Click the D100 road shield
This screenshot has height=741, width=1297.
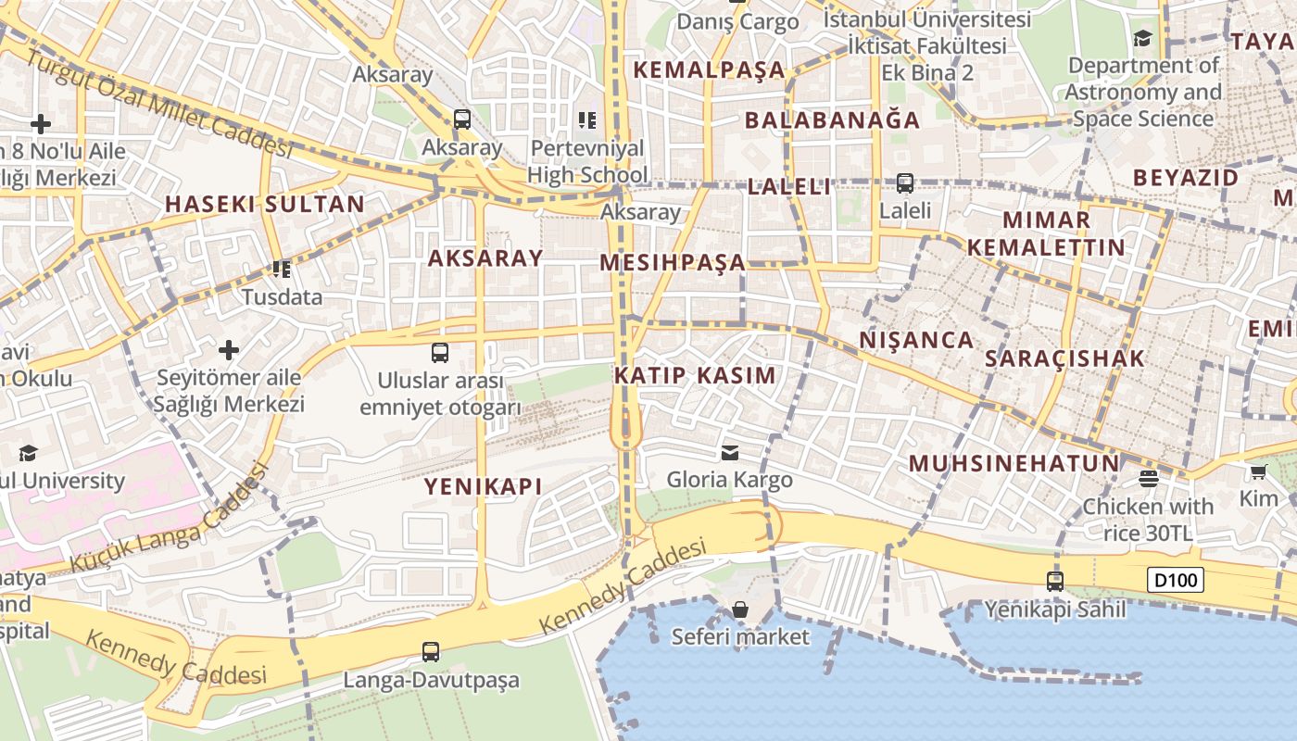[1176, 581]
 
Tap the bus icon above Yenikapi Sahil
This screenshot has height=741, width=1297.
[1055, 582]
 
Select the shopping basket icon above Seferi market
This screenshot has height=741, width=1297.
[739, 609]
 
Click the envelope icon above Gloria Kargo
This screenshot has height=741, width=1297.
[730, 452]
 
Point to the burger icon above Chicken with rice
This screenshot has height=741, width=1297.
[1148, 479]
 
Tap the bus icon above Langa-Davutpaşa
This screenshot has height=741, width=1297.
[431, 651]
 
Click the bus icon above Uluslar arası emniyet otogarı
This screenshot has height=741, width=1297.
[440, 353]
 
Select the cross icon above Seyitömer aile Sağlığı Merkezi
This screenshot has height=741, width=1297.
[229, 350]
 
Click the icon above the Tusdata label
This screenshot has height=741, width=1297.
[281, 270]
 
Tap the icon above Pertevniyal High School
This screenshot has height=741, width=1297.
[586, 119]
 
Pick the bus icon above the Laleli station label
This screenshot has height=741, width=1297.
[905, 183]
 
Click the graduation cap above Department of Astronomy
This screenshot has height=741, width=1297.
[1142, 38]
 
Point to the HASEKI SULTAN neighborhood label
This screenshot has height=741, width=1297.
[264, 205]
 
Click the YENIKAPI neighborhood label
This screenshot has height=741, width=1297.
[483, 486]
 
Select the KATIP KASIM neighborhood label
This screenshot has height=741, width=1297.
[695, 375]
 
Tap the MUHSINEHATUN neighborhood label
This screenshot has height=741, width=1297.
[1014, 463]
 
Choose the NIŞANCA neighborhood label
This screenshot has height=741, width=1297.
[916, 340]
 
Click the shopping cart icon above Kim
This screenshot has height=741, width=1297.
[1258, 472]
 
